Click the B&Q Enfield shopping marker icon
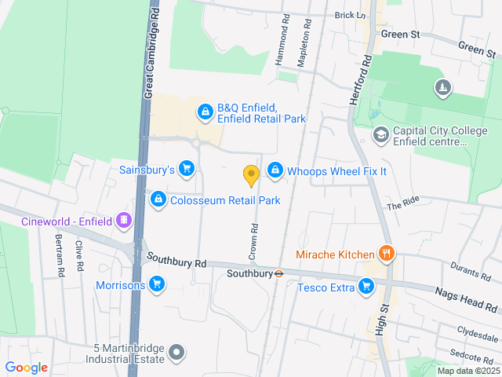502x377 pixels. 205,112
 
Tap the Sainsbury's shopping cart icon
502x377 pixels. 187,168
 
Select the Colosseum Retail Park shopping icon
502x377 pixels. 158,200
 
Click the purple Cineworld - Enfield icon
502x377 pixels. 123,221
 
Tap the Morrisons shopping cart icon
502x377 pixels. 157,284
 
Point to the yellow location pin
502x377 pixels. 251,175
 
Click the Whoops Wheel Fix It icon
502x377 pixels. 275,170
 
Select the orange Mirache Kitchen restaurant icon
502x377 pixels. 386,254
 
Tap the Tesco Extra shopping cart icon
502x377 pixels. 366,287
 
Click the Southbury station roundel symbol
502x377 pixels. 278,274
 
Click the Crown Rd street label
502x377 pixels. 254,239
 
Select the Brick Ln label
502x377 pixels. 350,15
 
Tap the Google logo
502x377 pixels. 26,367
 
